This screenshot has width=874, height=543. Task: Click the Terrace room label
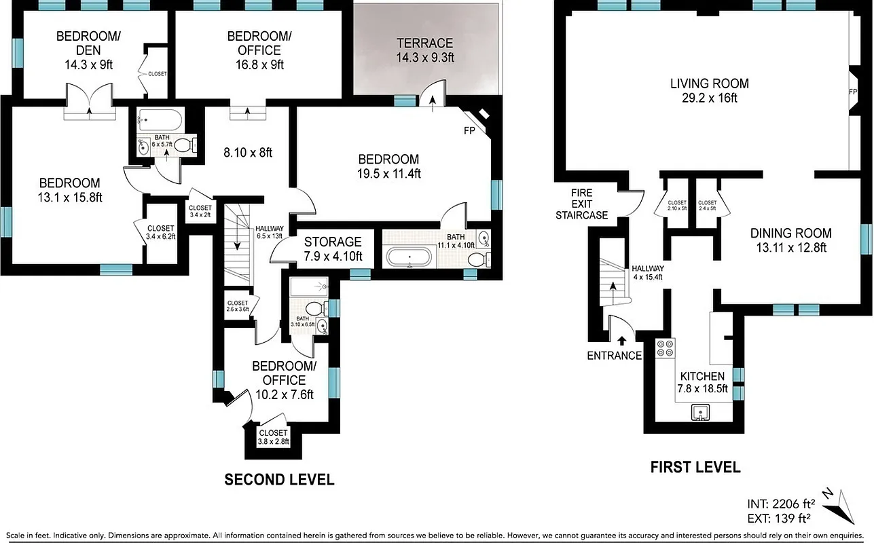(x=424, y=43)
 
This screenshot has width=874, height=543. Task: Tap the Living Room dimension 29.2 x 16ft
(x=709, y=98)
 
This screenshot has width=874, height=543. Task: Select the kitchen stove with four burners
(x=665, y=348)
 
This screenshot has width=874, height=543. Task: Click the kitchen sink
(x=700, y=411)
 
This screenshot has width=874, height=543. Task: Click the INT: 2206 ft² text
(x=780, y=504)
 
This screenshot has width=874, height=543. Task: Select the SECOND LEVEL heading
(x=279, y=480)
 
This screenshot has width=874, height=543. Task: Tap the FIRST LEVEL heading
(x=695, y=467)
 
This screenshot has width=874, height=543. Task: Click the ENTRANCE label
(x=614, y=356)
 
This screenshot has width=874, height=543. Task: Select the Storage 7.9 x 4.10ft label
(x=333, y=249)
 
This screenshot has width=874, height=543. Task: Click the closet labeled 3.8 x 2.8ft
(x=273, y=436)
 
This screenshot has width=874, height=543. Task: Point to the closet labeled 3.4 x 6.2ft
(x=160, y=232)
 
